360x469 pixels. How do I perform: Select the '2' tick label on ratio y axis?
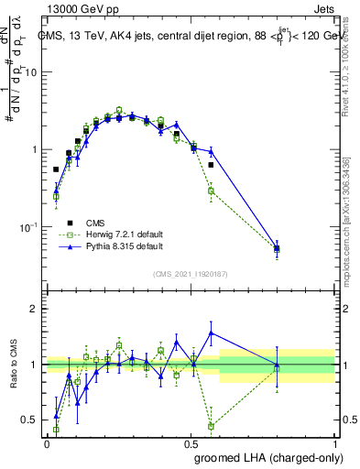point(34,309)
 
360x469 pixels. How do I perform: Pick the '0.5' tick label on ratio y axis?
point(29,420)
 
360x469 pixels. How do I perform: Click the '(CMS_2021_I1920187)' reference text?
point(190,274)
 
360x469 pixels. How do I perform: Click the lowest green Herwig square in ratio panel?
point(211,426)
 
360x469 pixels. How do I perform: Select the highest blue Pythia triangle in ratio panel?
point(211,333)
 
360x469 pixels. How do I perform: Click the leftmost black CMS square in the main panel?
point(56,169)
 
